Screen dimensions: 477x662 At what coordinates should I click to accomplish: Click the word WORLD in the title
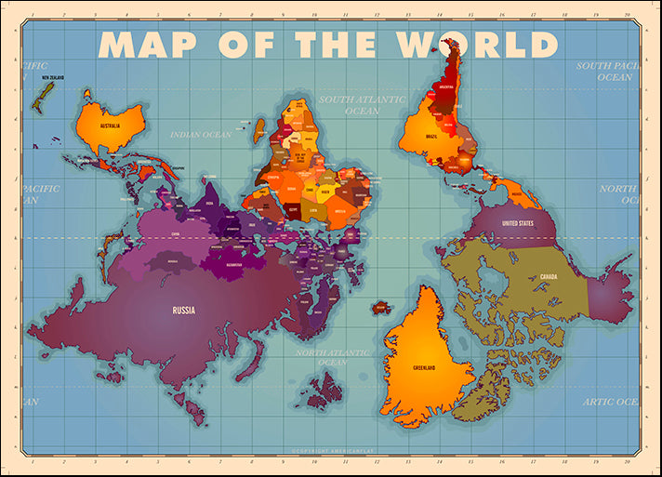click(476, 44)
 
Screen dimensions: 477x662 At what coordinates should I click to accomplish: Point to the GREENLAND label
click(426, 367)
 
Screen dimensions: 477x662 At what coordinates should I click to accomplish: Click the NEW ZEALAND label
click(43, 81)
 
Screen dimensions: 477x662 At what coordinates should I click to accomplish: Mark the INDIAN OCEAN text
click(201, 135)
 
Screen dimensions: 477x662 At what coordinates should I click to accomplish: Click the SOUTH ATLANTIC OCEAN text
click(362, 105)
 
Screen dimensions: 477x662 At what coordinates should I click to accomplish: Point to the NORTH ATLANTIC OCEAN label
click(333, 357)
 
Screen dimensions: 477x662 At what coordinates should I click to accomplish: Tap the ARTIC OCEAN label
click(610, 402)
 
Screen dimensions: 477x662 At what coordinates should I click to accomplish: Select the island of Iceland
click(381, 307)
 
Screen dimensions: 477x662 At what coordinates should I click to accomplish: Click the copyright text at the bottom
click(331, 452)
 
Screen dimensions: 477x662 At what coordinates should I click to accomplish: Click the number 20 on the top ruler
click(629, 15)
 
